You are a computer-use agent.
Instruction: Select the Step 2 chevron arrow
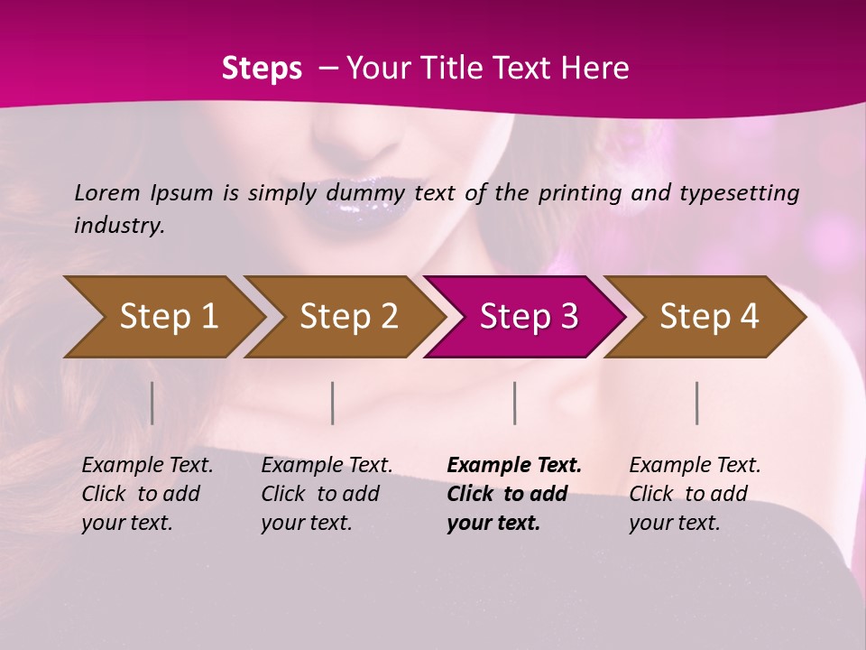coord(343,316)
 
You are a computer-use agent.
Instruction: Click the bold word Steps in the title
coord(262,69)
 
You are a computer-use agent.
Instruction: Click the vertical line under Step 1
coord(152,403)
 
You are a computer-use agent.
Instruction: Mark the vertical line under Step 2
coord(333,403)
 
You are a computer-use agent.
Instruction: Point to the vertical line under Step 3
coord(515,403)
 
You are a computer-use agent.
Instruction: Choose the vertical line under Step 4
coord(697,403)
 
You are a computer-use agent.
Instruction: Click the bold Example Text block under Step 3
coord(513,494)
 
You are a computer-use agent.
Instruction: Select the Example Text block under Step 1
coord(147,494)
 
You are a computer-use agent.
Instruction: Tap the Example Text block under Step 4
coord(695,494)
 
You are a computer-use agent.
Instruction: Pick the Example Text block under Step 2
coord(327,494)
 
